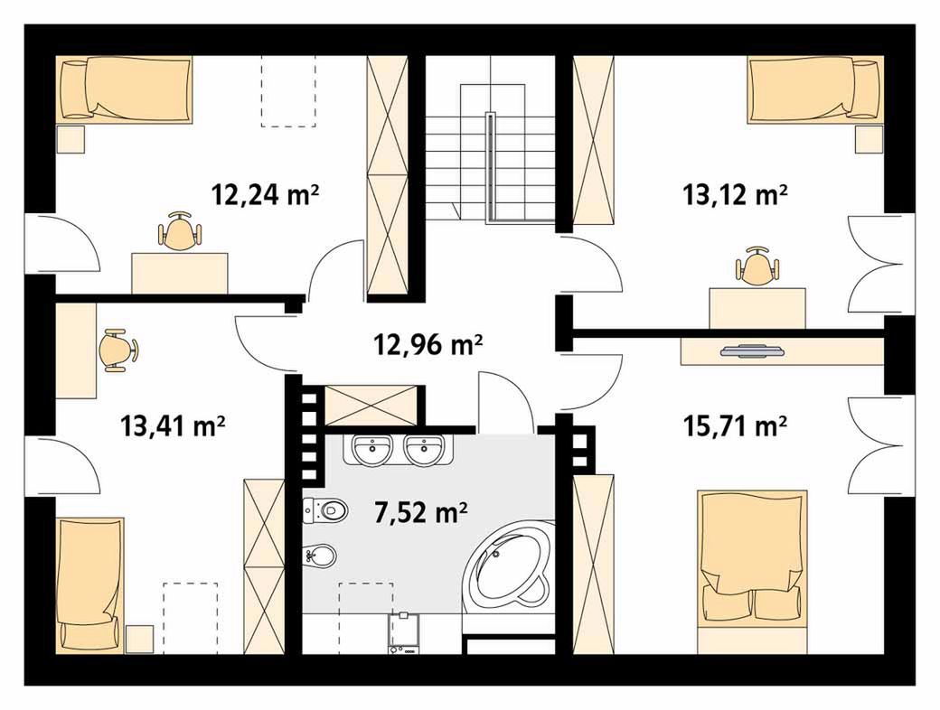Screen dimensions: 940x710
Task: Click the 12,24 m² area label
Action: point(264,195)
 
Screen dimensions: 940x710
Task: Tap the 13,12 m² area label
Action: point(734,195)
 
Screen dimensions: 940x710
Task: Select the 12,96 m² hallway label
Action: point(428,344)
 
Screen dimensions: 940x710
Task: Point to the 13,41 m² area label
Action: point(173,426)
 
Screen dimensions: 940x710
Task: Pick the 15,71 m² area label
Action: point(734,426)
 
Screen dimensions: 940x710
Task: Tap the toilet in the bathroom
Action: point(324,510)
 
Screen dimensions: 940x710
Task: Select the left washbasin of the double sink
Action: point(371,450)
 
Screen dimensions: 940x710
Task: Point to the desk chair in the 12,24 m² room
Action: point(179,232)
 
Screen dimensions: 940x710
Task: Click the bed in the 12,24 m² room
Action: point(125,89)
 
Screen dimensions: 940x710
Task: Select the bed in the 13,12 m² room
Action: point(815,89)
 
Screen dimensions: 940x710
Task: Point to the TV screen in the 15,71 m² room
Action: point(752,351)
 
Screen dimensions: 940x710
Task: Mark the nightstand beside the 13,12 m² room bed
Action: point(869,140)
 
